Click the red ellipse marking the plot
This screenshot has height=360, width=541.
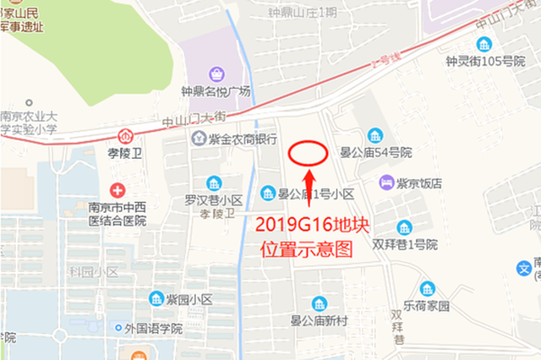309,153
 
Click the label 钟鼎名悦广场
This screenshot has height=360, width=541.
216,91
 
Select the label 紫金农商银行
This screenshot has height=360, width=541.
245,138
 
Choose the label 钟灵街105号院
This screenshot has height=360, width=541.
480,61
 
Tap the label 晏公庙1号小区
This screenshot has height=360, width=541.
314,194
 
